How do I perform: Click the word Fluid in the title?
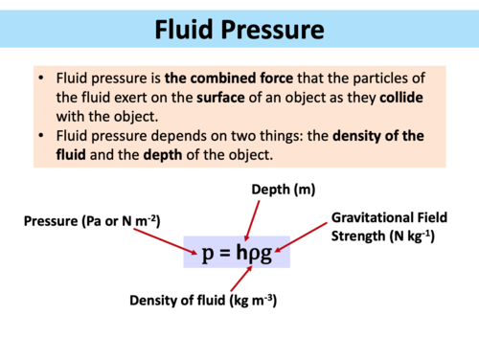(190, 33)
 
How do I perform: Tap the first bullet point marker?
(43, 77)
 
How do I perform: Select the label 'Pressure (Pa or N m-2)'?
(92, 222)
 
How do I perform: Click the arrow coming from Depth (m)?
(252, 220)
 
